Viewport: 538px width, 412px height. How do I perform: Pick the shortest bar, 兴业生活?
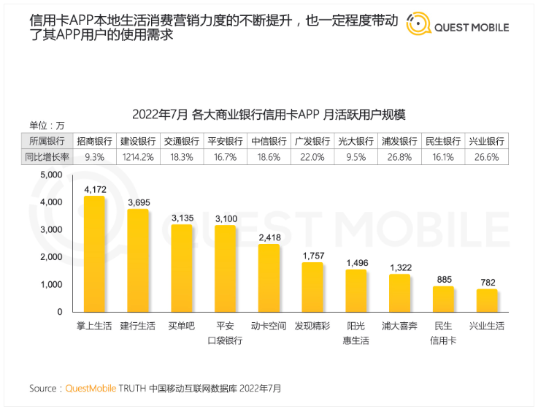pos(487,300)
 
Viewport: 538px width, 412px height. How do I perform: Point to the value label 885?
pos(443,279)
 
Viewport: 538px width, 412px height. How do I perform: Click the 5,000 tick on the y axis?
pos(51,175)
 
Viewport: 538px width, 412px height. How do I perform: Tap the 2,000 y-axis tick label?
pos(51,257)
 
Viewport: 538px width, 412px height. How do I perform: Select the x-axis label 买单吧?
pos(182,326)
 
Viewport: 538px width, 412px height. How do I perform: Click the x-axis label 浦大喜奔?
pos(399,326)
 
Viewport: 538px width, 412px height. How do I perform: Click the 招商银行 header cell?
pos(95,142)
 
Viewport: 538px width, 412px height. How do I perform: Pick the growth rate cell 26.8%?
pos(399,157)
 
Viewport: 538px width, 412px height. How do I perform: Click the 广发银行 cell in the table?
pos(312,142)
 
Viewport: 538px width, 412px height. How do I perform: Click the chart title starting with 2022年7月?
pos(269,115)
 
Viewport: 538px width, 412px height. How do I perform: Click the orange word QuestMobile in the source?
pos(91,389)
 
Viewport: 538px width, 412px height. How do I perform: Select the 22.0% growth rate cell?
pos(312,157)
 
